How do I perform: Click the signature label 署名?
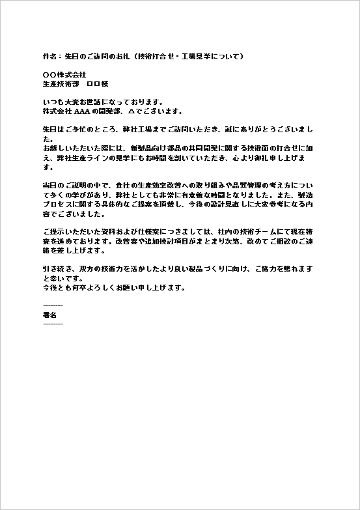[50, 314]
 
